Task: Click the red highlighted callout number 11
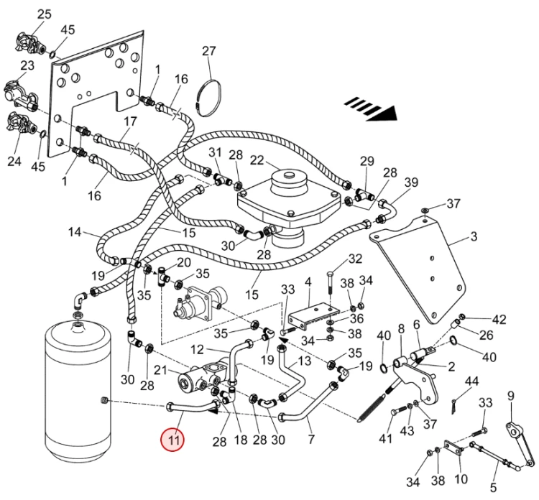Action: pyautogui.click(x=173, y=440)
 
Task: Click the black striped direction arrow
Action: pyautogui.click(x=371, y=108)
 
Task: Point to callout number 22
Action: pyautogui.click(x=257, y=160)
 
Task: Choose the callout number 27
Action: pyautogui.click(x=208, y=51)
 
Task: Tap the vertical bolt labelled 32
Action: pyautogui.click(x=330, y=286)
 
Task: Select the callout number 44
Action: pyautogui.click(x=471, y=381)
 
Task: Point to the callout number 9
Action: pyautogui.click(x=511, y=396)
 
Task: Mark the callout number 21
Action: pyautogui.click(x=160, y=370)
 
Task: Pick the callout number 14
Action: pyautogui.click(x=75, y=232)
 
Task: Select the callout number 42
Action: pyautogui.click(x=499, y=320)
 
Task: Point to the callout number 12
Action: pyautogui.click(x=197, y=349)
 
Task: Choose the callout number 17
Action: pyautogui.click(x=130, y=121)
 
